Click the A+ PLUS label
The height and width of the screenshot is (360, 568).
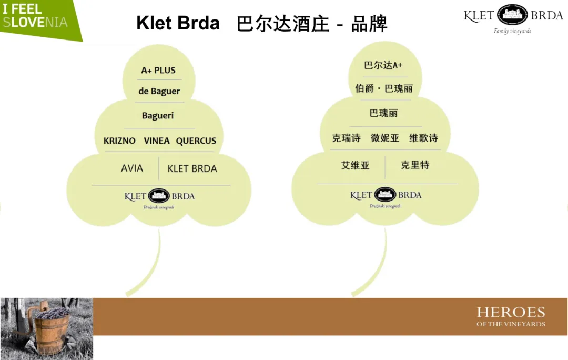tap(158, 71)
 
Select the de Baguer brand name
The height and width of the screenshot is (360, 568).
tap(159, 92)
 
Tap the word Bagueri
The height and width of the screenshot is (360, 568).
tap(158, 116)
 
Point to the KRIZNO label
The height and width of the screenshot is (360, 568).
tap(119, 141)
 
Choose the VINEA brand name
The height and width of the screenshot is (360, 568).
tap(157, 141)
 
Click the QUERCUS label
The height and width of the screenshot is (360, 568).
tap(196, 141)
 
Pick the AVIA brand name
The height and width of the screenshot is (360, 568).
tap(131, 168)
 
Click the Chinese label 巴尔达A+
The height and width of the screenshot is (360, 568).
tap(383, 65)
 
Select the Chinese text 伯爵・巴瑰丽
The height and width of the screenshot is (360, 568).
tap(383, 88)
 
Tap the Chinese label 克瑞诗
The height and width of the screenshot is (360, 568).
tap(346, 138)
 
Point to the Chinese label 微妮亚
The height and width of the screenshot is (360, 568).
tap(385, 138)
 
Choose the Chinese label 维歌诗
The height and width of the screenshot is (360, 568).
tap(423, 138)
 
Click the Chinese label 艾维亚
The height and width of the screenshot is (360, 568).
tap(356, 165)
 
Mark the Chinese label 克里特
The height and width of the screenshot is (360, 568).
tap(415, 165)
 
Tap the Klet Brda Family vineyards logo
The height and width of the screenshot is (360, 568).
tap(513, 18)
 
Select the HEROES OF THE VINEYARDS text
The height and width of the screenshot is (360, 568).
tap(511, 316)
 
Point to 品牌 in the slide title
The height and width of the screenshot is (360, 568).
tap(369, 24)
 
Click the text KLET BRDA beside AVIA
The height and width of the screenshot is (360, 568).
tap(192, 169)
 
